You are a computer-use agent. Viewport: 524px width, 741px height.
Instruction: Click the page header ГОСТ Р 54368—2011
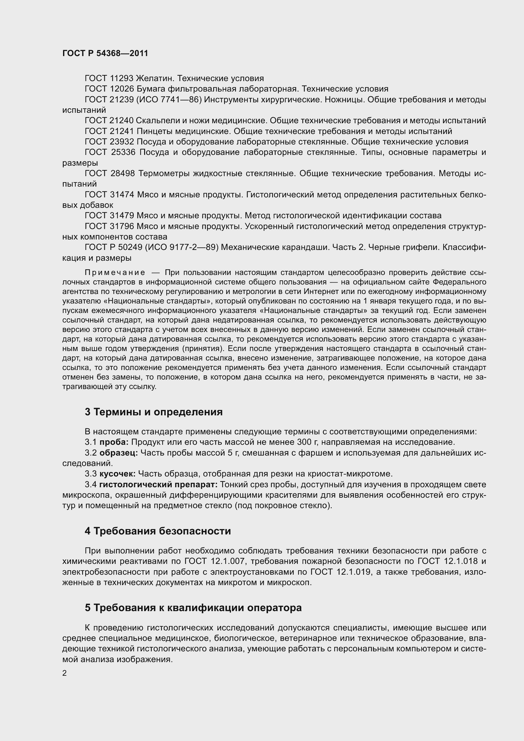(x=105, y=53)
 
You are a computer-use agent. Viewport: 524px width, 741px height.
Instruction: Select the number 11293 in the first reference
(x=121, y=79)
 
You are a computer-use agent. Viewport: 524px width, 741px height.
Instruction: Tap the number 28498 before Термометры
(x=123, y=174)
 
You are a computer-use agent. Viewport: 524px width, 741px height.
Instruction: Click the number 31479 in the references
(x=122, y=216)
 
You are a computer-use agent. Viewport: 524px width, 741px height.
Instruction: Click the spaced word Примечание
(x=115, y=273)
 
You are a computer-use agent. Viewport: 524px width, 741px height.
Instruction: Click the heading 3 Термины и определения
(x=154, y=412)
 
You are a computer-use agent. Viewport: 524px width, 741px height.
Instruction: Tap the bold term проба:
(x=114, y=442)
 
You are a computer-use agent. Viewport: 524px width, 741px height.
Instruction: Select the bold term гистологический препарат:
(x=158, y=484)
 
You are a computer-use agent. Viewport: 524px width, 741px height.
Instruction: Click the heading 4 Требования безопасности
(x=158, y=531)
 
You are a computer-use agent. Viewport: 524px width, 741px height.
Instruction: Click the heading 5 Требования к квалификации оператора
(x=193, y=608)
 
